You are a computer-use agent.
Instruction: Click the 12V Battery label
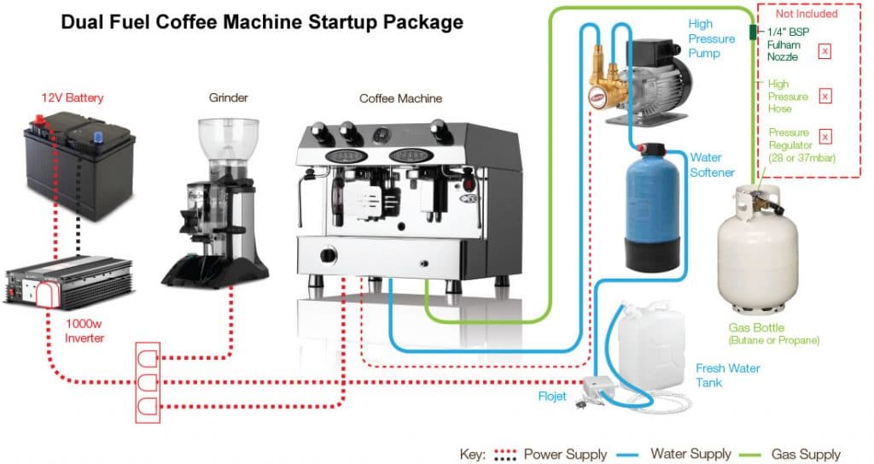(x=73, y=97)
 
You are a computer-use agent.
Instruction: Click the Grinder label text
(x=228, y=97)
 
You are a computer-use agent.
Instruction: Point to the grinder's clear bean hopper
(x=228, y=141)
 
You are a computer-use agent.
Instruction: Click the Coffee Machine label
(x=400, y=98)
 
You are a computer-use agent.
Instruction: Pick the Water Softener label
(x=712, y=165)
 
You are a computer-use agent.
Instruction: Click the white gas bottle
(x=757, y=256)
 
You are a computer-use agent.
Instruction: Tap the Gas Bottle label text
(x=756, y=328)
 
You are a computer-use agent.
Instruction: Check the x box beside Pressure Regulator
(x=824, y=136)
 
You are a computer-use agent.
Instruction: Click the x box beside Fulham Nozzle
(x=824, y=51)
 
